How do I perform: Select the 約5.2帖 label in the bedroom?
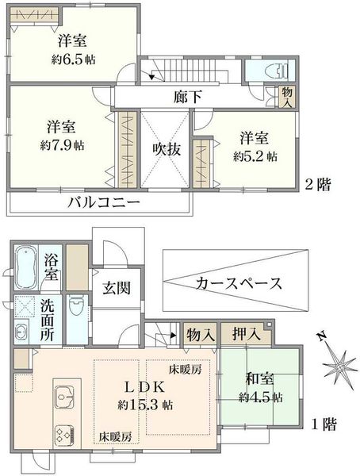point(255,156)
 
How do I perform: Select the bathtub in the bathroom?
point(25,268)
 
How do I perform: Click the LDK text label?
point(142,387)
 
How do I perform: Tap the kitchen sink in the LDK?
point(64,396)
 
